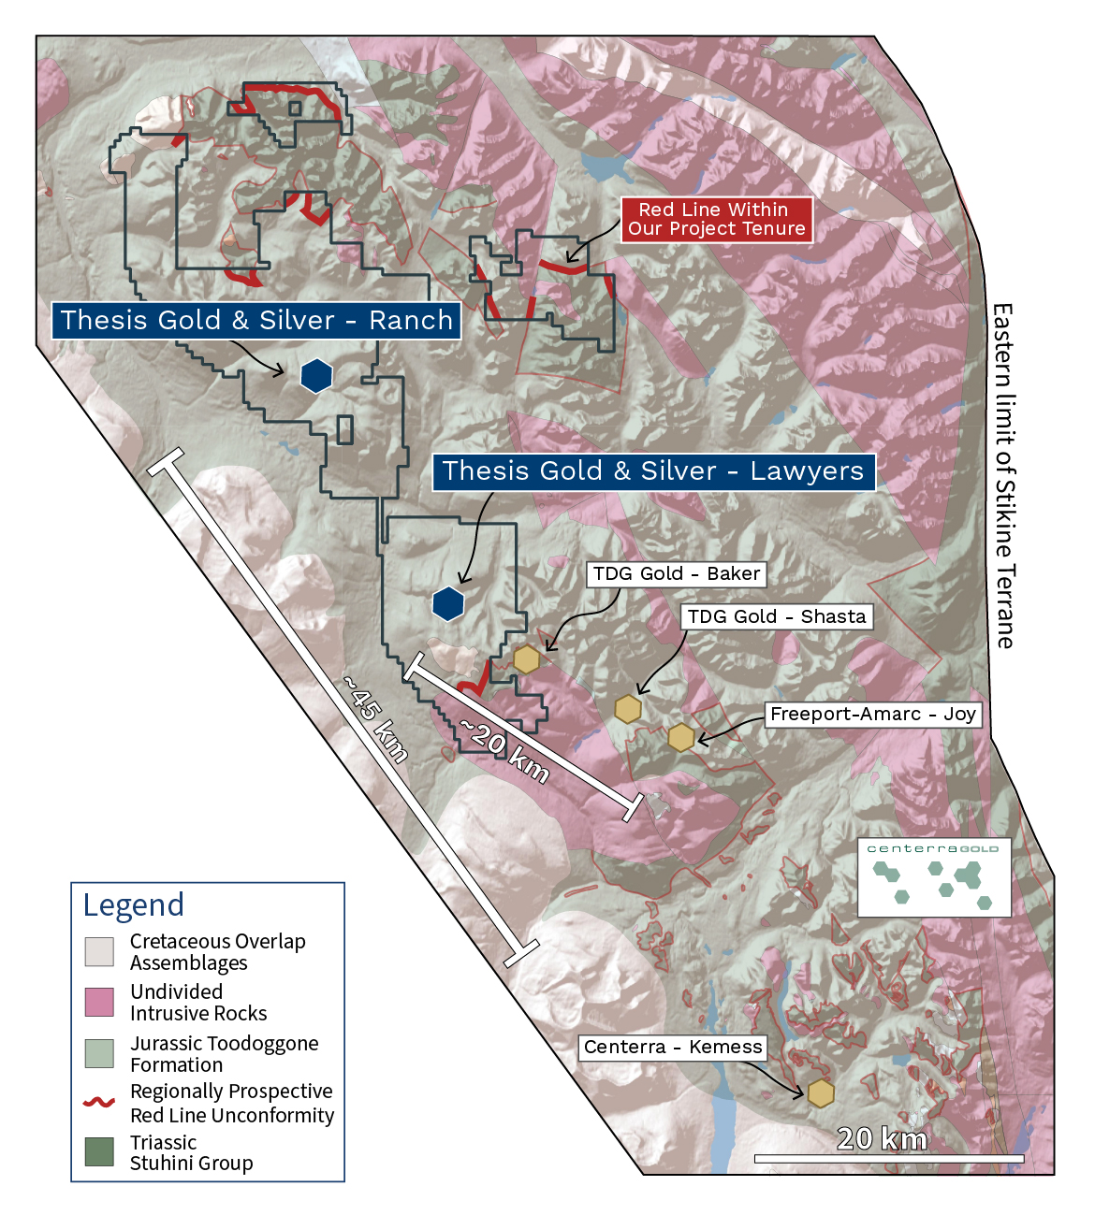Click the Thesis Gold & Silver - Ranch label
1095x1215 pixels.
(256, 321)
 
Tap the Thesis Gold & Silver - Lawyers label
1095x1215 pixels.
(653, 471)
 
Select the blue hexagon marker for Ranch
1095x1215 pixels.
(316, 376)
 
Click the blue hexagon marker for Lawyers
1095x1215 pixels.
(448, 604)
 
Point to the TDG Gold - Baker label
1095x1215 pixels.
(676, 574)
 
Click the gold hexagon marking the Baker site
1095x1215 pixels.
(527, 659)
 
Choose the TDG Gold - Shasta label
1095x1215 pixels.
(776, 617)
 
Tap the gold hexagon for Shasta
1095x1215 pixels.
(627, 709)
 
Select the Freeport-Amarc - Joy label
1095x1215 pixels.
(872, 715)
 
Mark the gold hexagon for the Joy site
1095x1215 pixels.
(681, 737)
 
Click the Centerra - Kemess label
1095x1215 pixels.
(673, 1048)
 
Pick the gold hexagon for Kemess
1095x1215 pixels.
(821, 1092)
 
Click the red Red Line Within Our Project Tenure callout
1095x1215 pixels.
(716, 220)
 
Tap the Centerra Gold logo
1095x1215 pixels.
(934, 876)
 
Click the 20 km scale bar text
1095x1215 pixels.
(882, 1139)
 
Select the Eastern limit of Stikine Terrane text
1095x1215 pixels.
(1003, 475)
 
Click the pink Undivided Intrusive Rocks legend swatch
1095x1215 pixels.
(99, 1002)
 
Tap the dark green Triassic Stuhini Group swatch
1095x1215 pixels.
(99, 1151)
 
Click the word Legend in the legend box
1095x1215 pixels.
(134, 905)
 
